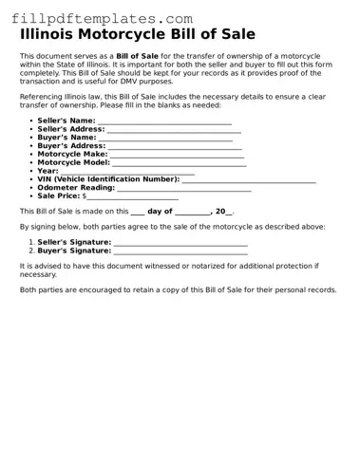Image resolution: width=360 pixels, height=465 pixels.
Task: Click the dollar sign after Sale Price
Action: click(85, 195)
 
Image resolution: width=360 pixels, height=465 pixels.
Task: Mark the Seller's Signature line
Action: click(180, 243)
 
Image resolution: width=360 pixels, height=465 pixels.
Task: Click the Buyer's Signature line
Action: click(180, 251)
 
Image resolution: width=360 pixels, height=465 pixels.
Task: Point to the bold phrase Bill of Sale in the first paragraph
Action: click(137, 56)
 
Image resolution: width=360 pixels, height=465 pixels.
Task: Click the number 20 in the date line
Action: click(220, 212)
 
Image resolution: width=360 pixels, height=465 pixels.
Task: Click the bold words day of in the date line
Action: click(160, 212)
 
